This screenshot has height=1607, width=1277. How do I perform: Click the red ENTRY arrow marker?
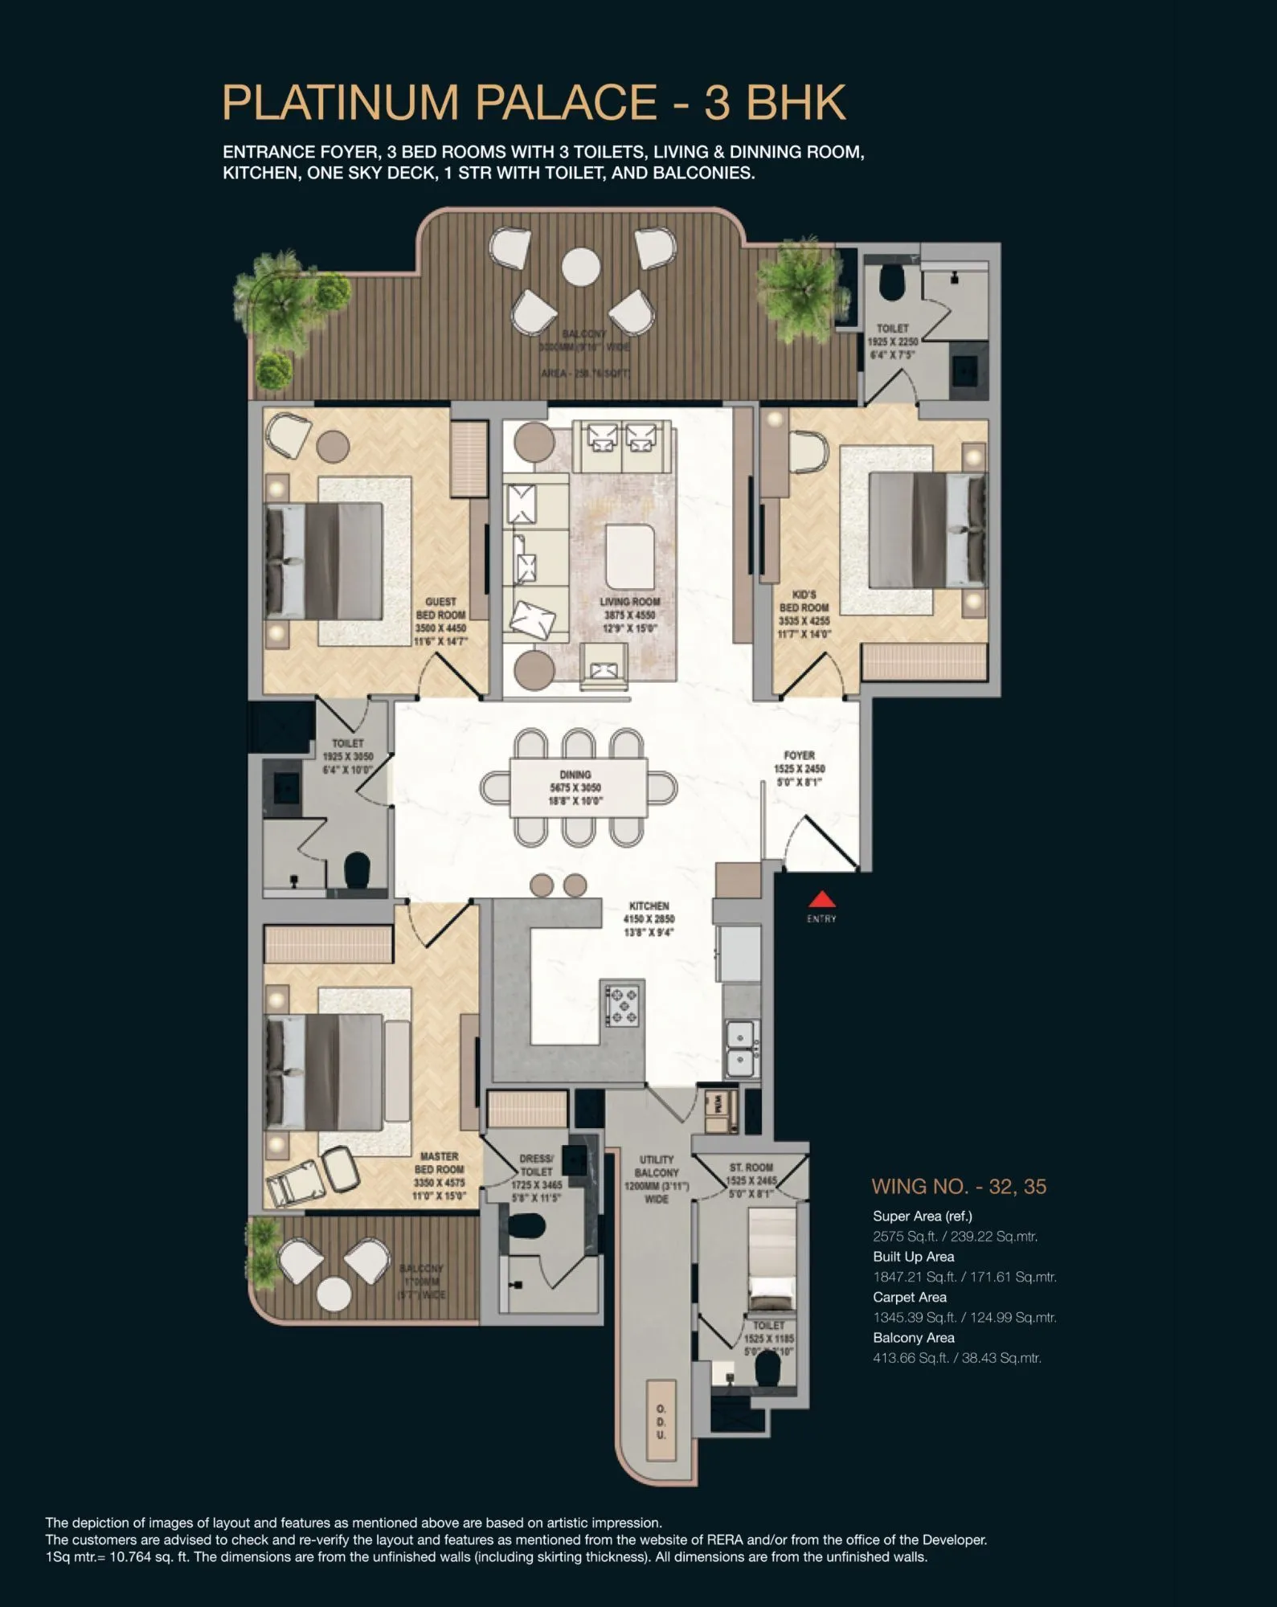click(x=821, y=899)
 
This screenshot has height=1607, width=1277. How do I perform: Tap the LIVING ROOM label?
click(x=630, y=615)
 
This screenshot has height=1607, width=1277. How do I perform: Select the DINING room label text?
click(x=575, y=787)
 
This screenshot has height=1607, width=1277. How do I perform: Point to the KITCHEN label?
click(x=649, y=918)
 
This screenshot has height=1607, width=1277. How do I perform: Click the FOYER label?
click(x=800, y=768)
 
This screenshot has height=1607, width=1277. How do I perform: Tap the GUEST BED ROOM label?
click(x=440, y=621)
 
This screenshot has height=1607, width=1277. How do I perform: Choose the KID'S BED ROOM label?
click(x=804, y=614)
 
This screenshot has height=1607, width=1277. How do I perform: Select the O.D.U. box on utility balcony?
click(x=661, y=1421)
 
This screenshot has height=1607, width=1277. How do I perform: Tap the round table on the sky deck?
click(x=580, y=265)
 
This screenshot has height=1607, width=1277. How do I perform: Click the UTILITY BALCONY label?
click(x=657, y=1179)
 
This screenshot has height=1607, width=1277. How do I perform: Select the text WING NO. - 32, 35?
click(x=959, y=1187)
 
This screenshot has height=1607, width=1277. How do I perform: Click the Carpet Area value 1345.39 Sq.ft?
click(x=964, y=1317)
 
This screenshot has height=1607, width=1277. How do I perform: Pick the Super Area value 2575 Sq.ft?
click(x=955, y=1237)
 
